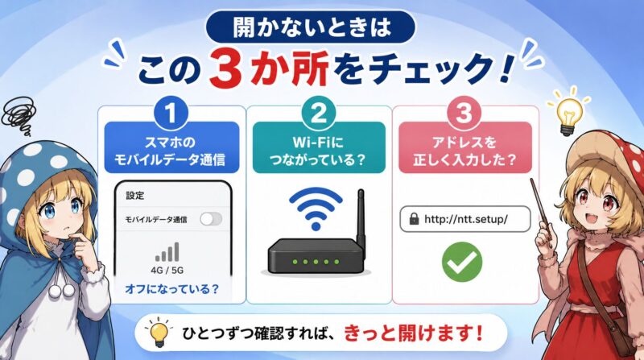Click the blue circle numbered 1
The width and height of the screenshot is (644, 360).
pos(171,113)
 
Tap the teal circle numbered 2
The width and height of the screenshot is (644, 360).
pos(318,113)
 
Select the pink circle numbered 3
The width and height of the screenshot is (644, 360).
pos(464,113)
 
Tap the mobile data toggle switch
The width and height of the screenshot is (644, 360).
pos(211,219)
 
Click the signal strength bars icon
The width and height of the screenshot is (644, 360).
pos(167,252)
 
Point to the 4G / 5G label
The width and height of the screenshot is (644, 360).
pos(167,271)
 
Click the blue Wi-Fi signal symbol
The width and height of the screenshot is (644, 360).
pos(316,208)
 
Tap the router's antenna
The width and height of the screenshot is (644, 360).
pos(361,217)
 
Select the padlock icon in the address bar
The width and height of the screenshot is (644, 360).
pos(414,218)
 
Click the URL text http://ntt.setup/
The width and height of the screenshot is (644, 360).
pos(466,219)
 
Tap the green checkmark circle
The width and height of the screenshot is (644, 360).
pos(461,262)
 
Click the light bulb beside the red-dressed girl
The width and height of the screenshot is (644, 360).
pos(569,113)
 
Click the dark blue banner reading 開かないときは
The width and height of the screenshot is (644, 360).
pos(310,27)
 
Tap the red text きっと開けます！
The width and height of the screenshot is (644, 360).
pos(413,333)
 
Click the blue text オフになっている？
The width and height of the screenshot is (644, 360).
pos(171,289)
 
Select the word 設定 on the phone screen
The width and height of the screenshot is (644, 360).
pos(135,195)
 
